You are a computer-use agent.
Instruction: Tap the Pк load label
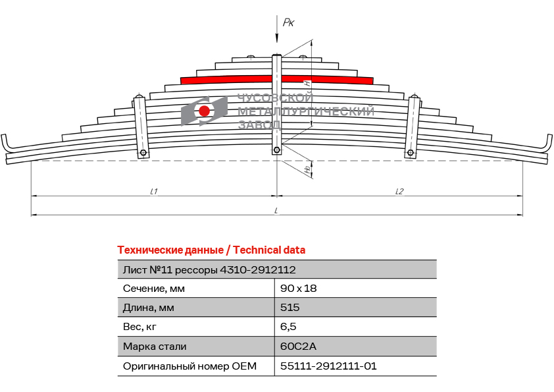[x=288, y=22]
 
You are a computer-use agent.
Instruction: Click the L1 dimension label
[x=154, y=192]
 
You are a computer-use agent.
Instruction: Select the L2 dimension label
[x=399, y=192]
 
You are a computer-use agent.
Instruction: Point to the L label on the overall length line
[x=276, y=211]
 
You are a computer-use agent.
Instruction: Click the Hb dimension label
[x=309, y=169]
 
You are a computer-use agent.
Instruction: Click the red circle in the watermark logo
[x=204, y=111]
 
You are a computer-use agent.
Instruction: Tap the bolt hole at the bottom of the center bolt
[x=276, y=150]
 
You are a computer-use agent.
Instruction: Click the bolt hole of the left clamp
[x=143, y=153]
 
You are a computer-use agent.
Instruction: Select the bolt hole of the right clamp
[x=410, y=153]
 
